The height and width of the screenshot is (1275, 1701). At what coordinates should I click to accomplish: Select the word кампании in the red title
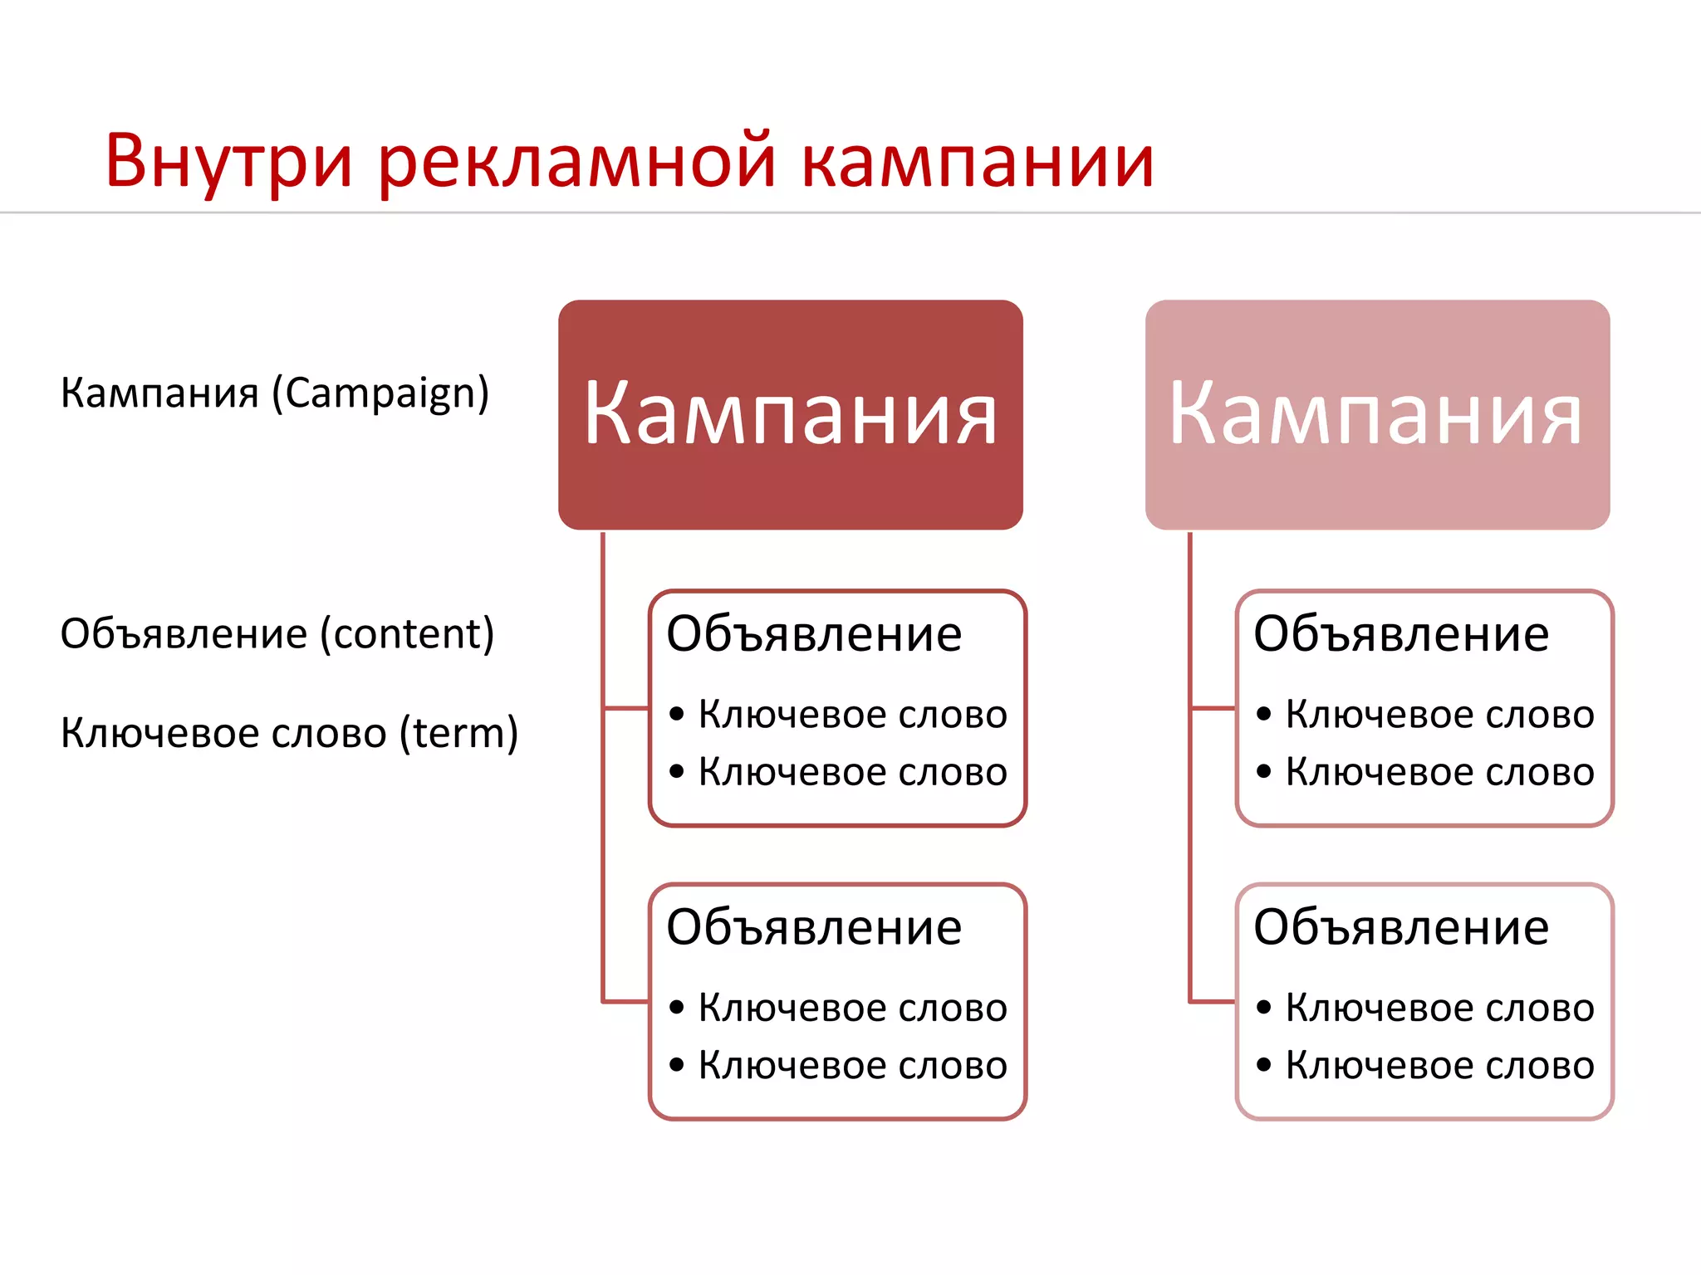point(978,162)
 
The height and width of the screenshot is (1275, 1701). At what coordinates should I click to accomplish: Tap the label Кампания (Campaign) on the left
point(275,393)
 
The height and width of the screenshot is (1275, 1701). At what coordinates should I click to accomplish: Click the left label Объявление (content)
point(277,634)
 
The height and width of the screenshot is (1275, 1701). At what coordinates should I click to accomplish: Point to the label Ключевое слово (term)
point(289,733)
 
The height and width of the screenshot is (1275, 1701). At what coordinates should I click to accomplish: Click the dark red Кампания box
point(790,414)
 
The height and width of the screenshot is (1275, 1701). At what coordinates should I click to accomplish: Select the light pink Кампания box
point(1376,414)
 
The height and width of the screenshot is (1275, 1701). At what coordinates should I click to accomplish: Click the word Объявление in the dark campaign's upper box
point(814,634)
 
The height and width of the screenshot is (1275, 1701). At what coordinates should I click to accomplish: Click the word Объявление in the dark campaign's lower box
point(814,927)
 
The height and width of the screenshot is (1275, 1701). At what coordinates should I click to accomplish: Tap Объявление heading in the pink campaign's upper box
point(1400,634)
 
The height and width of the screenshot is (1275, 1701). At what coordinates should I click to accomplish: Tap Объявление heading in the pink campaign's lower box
point(1400,927)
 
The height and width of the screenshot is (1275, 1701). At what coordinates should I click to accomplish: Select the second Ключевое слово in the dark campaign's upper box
point(852,772)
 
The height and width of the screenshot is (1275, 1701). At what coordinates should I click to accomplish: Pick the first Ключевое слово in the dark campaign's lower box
point(852,1008)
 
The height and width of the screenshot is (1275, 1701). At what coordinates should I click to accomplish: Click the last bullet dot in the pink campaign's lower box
point(1264,1065)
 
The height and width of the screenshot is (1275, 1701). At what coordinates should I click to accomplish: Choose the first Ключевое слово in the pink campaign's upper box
point(1439,715)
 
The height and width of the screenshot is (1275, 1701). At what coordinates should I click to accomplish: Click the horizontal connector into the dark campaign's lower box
point(625,1002)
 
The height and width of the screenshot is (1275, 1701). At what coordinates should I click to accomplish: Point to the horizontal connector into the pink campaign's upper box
point(1213,708)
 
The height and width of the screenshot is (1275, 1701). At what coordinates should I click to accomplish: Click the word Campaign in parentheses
point(380,393)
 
